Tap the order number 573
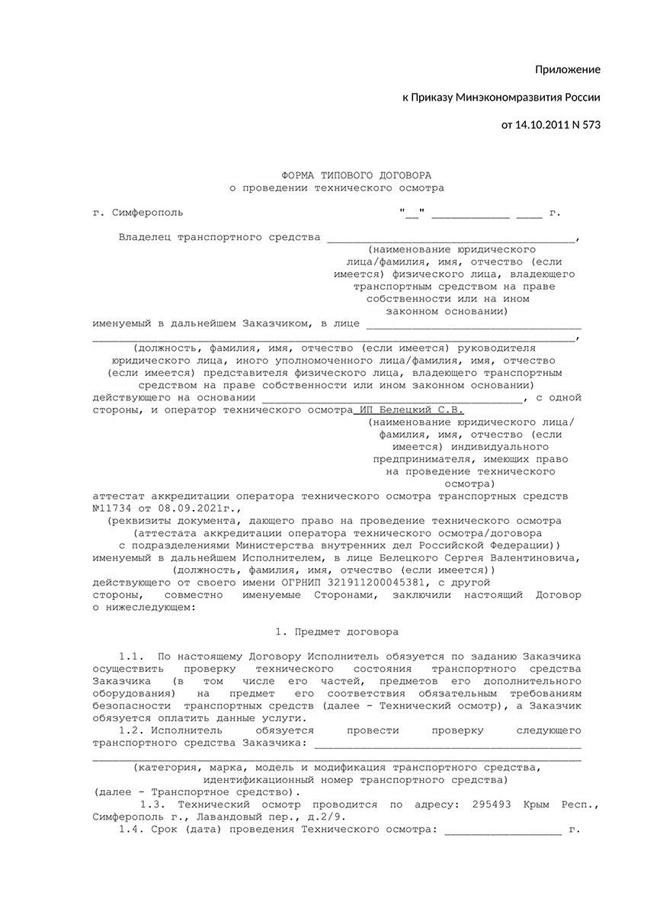pos(591,124)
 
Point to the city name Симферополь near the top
pos(147,213)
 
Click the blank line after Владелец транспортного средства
pos(452,238)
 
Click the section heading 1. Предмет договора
pos(336,632)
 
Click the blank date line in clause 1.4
pos(503,830)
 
